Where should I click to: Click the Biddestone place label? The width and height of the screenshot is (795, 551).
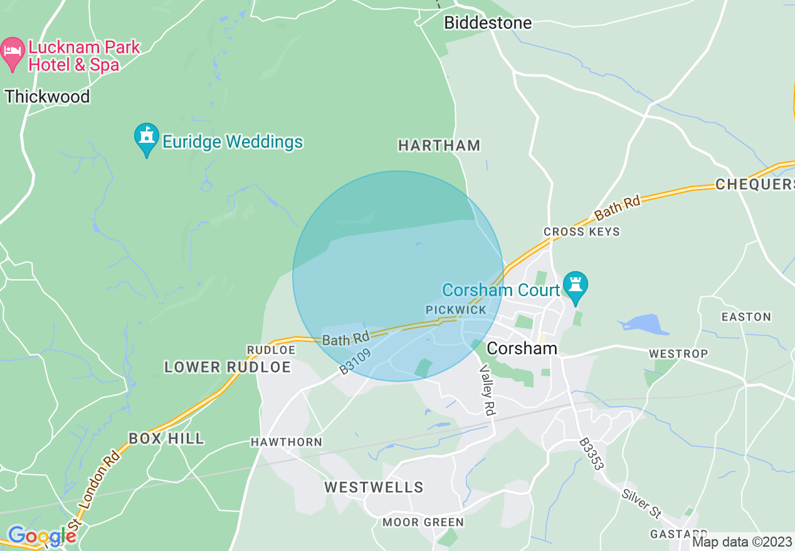point(488,23)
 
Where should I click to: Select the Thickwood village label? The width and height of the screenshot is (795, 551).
point(48,96)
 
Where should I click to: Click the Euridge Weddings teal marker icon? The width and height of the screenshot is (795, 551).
point(147,138)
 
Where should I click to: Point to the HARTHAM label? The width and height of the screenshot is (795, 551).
point(439,145)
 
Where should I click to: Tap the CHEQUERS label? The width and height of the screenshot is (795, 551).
point(754,185)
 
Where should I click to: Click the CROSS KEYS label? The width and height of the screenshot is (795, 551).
point(582,232)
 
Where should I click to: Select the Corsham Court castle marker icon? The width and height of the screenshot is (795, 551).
point(575,286)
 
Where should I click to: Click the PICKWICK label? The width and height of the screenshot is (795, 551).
point(456,310)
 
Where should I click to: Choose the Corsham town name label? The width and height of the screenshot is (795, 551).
point(522,348)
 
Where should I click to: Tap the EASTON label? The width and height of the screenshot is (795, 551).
point(746,317)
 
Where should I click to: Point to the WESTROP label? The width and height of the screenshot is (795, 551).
point(678,354)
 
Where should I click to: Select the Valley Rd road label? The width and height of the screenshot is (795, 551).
point(487,389)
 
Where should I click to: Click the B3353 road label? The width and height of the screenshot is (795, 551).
point(591,454)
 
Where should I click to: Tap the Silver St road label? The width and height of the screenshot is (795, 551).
point(641,503)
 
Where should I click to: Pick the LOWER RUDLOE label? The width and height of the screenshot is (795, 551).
point(228,367)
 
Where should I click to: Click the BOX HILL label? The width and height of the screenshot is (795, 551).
point(166,438)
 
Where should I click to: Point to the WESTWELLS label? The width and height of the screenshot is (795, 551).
point(374,487)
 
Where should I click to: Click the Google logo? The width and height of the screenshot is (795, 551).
point(41,536)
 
